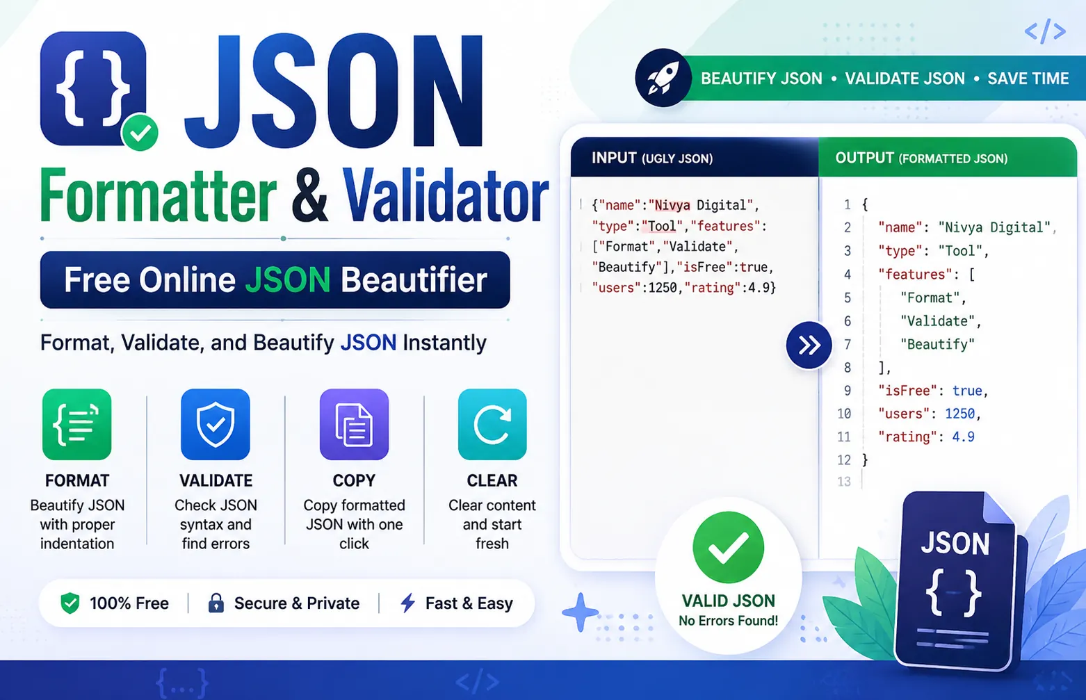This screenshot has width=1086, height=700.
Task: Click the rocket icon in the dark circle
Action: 663,78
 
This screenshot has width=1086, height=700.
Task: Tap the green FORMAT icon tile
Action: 76,424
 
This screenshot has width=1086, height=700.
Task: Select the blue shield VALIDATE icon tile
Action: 216,424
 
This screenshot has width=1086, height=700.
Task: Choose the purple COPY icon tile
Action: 354,424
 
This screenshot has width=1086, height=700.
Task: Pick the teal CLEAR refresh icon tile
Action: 492,424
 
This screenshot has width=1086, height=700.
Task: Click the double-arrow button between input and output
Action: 809,345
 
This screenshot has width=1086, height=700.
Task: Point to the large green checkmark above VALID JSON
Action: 728,547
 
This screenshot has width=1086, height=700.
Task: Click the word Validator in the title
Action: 446,196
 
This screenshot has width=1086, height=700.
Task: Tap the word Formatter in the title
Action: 158,196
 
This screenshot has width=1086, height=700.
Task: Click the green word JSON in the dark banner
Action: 288,279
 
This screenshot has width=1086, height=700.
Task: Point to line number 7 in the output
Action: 848,344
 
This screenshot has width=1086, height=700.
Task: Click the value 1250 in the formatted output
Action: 959,414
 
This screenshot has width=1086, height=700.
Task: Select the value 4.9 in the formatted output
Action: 964,437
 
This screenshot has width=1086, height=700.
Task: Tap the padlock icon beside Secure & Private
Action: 216,603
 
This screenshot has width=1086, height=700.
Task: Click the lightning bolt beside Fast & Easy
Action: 407,603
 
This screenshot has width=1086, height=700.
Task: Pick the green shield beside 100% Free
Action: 70,603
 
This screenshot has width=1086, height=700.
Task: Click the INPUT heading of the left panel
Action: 614,158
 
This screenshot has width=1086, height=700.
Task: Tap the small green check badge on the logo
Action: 140,132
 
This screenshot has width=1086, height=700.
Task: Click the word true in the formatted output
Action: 967,391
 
